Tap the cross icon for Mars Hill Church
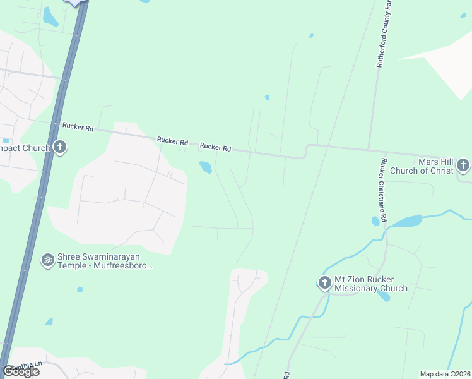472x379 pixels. (463, 165)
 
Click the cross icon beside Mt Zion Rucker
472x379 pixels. (324, 282)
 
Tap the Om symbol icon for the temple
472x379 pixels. (47, 260)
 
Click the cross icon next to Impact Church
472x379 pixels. (60, 148)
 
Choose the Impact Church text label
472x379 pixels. (25, 148)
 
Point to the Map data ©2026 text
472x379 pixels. (445, 374)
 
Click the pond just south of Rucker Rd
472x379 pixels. (205, 167)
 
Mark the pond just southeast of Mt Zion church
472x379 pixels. (384, 295)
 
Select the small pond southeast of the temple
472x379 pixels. (80, 289)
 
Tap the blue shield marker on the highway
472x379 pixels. (76, 3)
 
